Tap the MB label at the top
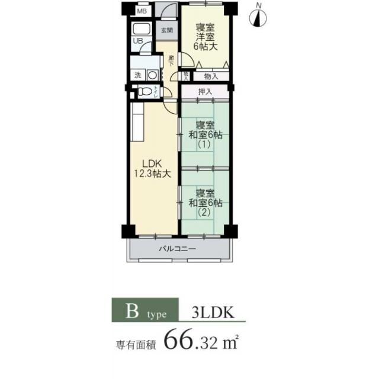[x=142, y=11]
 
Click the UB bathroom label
[x=137, y=41]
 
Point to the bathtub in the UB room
[x=141, y=30]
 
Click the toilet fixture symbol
[x=144, y=92]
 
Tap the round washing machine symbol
[x=152, y=75]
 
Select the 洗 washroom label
[x=137, y=75]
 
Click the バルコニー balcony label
[x=176, y=249]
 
